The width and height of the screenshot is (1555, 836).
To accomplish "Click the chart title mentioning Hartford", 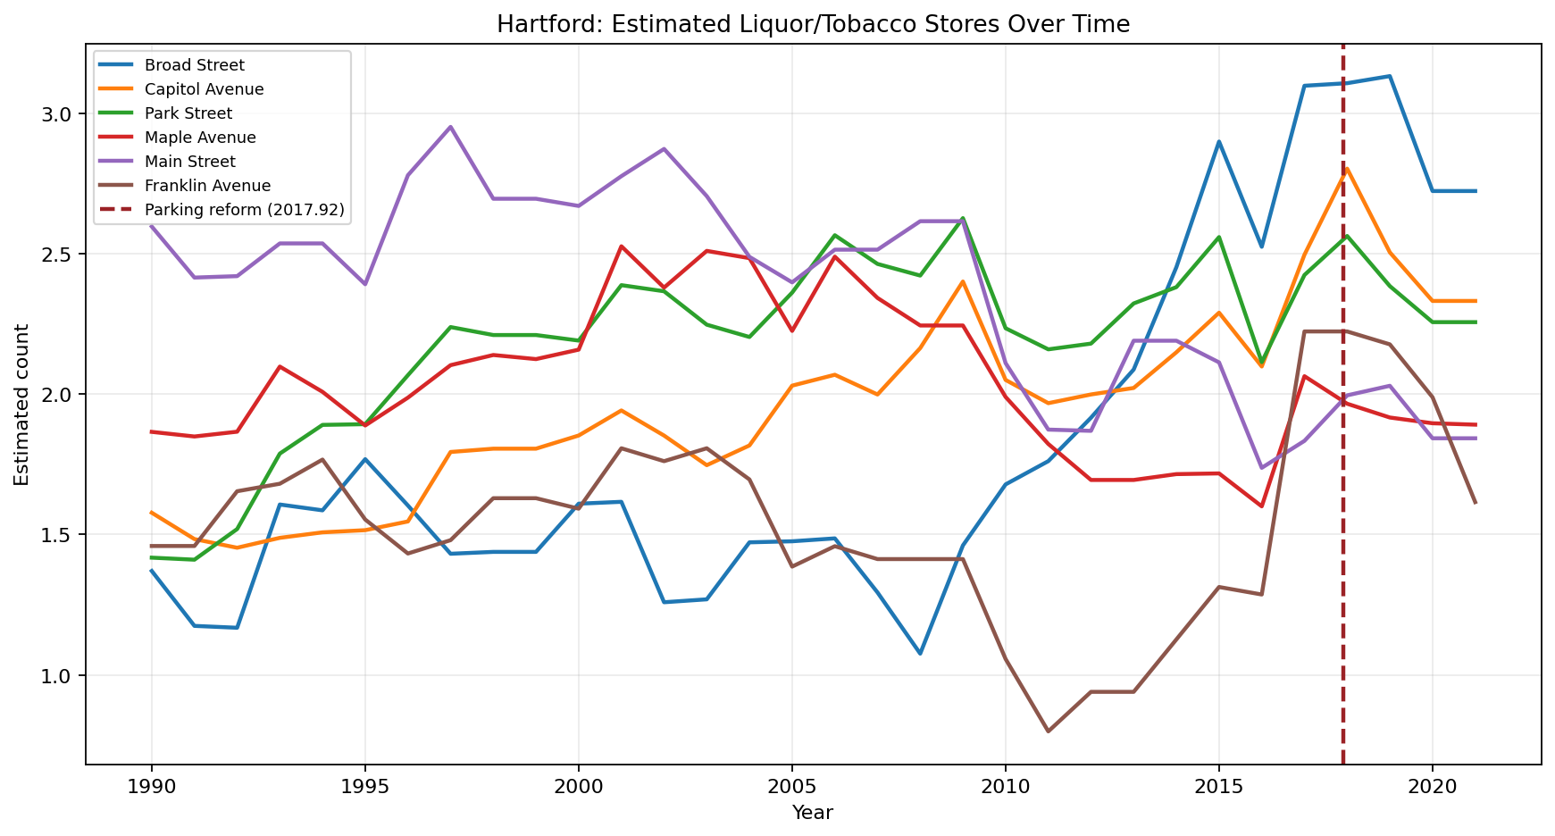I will tap(813, 24).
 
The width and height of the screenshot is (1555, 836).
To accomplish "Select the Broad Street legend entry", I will tap(194, 65).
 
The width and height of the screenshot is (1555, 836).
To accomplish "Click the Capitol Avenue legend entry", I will tap(204, 89).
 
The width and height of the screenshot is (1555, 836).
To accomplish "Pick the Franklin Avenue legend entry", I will tap(207, 186).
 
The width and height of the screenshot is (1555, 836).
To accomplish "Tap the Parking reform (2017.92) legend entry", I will tap(244, 210).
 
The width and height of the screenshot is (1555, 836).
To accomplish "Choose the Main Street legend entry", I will tap(189, 162).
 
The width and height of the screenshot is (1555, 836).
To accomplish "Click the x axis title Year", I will tap(813, 813).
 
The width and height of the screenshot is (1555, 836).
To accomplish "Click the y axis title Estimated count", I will tap(22, 405).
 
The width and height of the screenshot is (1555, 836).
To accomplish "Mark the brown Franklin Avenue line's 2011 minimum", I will tap(1048, 731).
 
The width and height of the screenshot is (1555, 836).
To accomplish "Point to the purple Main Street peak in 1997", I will tap(450, 127).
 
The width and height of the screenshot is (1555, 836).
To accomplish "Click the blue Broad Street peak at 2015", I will tap(1219, 141).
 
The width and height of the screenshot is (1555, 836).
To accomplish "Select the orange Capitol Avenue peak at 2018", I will tap(1346, 168).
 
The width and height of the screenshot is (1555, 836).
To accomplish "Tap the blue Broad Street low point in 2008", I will tap(920, 654).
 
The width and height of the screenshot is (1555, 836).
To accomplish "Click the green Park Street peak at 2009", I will tap(963, 218).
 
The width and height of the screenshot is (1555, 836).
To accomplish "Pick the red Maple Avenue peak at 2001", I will tap(621, 246).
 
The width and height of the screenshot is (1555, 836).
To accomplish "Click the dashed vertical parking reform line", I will tap(1342, 536).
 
